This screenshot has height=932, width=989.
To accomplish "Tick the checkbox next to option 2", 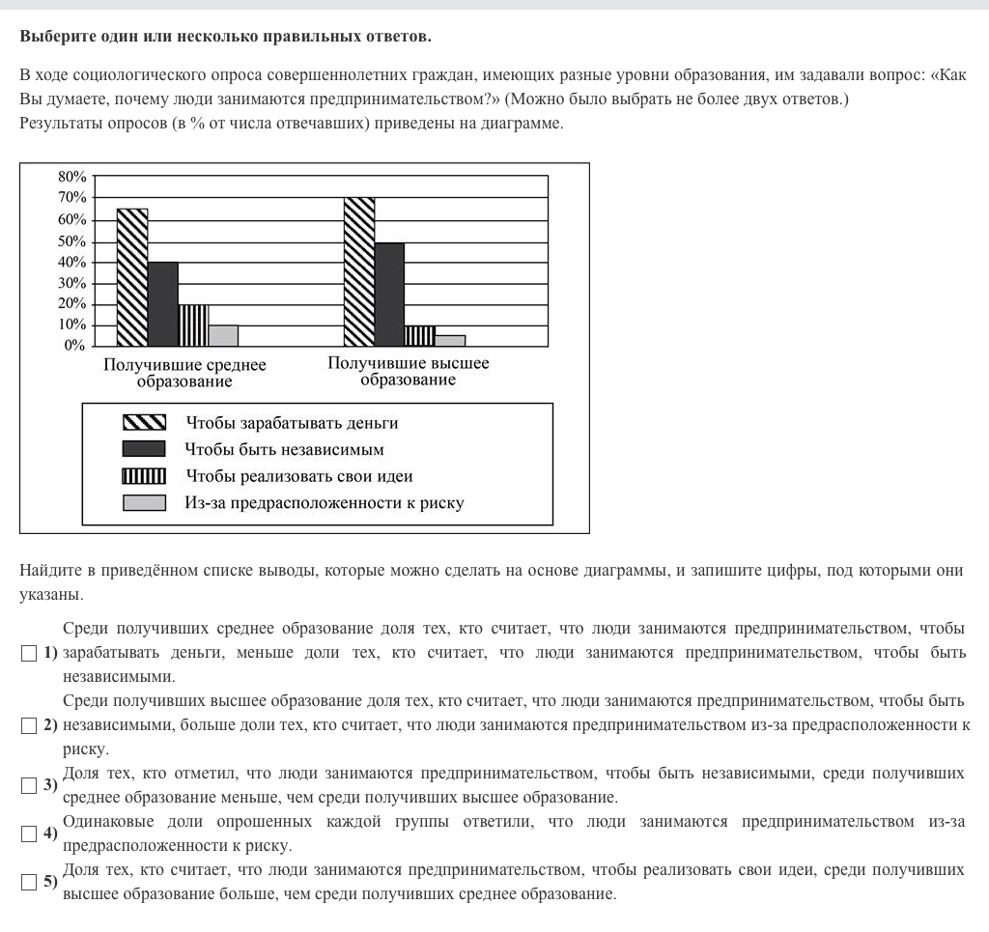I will [x=28, y=724].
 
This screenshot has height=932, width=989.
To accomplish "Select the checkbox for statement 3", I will [x=28, y=785].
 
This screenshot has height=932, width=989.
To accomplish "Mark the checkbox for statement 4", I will [x=28, y=833].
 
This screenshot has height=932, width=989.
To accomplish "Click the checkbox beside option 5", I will [x=28, y=882].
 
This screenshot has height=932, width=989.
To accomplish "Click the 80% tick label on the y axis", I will [x=72, y=177].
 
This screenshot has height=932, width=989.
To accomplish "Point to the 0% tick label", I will [x=75, y=346].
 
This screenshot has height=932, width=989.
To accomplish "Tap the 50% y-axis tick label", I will [x=72, y=241].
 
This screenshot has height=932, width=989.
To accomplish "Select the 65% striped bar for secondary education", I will [x=132, y=277].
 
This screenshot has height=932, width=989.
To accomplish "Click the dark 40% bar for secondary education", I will [x=162, y=303].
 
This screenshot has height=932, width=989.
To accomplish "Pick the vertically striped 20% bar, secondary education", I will [x=193, y=325].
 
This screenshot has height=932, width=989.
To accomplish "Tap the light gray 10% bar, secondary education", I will [x=223, y=335].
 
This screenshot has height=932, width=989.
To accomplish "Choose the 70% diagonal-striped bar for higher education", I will [x=359, y=271].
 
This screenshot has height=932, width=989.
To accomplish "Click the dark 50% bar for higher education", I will [x=389, y=294].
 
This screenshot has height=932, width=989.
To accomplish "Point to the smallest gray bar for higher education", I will [x=450, y=340].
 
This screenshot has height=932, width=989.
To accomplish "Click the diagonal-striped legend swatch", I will [x=144, y=423].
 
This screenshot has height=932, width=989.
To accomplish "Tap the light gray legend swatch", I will [x=144, y=503].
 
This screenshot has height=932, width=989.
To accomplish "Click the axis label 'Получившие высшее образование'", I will [x=409, y=372].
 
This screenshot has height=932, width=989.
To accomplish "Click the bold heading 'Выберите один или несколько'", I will [x=225, y=37].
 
